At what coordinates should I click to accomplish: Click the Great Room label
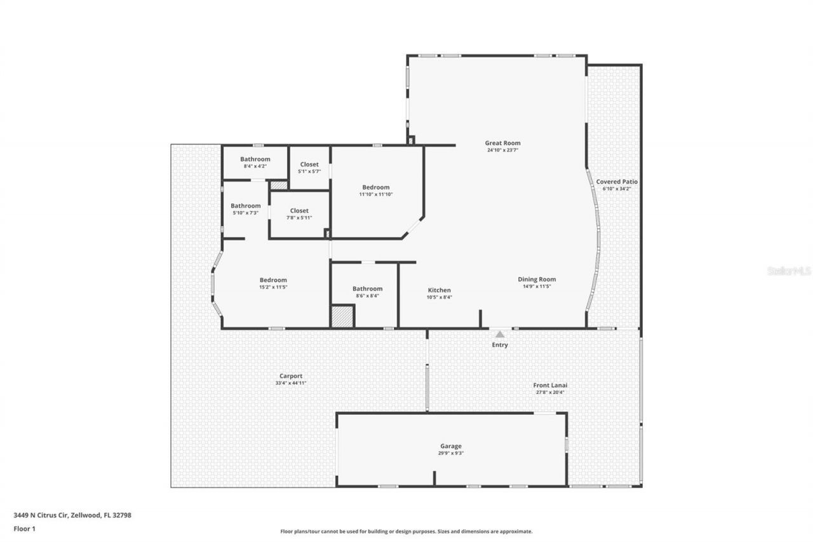tap(502, 143)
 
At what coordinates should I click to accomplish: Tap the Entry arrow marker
tap(500, 334)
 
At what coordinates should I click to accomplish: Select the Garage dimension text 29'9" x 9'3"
tap(451, 454)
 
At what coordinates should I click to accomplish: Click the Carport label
tap(291, 376)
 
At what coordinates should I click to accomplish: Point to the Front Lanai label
tap(549, 384)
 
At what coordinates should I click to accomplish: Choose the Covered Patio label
tap(616, 182)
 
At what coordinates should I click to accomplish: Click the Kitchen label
tap(439, 290)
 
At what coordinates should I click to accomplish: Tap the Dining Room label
tap(537, 279)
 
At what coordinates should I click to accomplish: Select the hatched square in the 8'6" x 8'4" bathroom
tap(342, 316)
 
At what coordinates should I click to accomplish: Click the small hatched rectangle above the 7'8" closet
tap(279, 185)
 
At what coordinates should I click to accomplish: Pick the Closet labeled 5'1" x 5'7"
tap(309, 165)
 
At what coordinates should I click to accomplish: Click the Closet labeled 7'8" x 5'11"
tap(299, 210)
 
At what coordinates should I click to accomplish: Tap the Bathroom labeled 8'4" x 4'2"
tap(255, 159)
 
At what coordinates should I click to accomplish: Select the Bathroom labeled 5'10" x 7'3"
tap(245, 206)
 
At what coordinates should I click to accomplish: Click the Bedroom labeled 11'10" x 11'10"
tap(376, 187)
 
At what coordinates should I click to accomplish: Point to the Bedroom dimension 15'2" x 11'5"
tap(273, 287)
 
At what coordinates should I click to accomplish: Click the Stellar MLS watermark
tap(789, 271)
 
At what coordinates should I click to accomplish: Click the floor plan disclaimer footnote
tap(406, 531)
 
